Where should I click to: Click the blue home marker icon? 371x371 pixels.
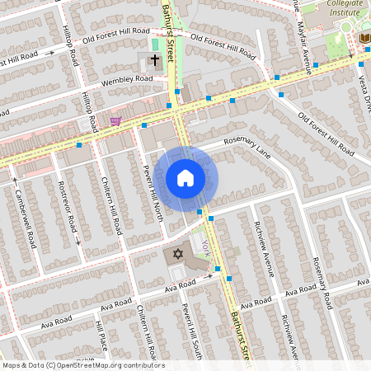tap(185, 178)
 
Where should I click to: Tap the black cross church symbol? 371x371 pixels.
tap(154, 60)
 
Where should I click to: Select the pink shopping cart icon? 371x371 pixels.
tap(115, 121)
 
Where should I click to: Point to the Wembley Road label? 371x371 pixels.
tap(128, 80)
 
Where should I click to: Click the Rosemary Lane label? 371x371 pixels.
tap(252, 152)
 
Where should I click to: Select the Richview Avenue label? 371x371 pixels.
tap(265, 245)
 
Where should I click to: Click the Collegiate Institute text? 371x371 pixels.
tap(345, 8)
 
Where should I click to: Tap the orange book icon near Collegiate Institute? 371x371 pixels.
tap(364, 38)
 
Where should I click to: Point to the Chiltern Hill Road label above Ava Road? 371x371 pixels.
tap(116, 203)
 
